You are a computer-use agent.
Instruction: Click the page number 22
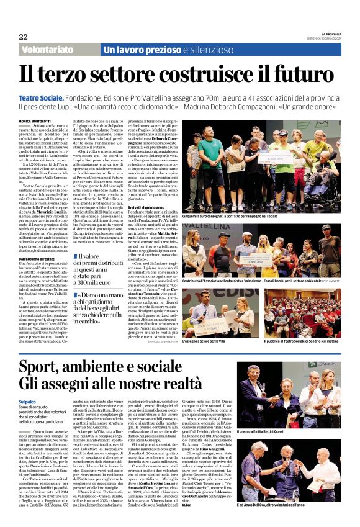pyautogui.click(x=23, y=37)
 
